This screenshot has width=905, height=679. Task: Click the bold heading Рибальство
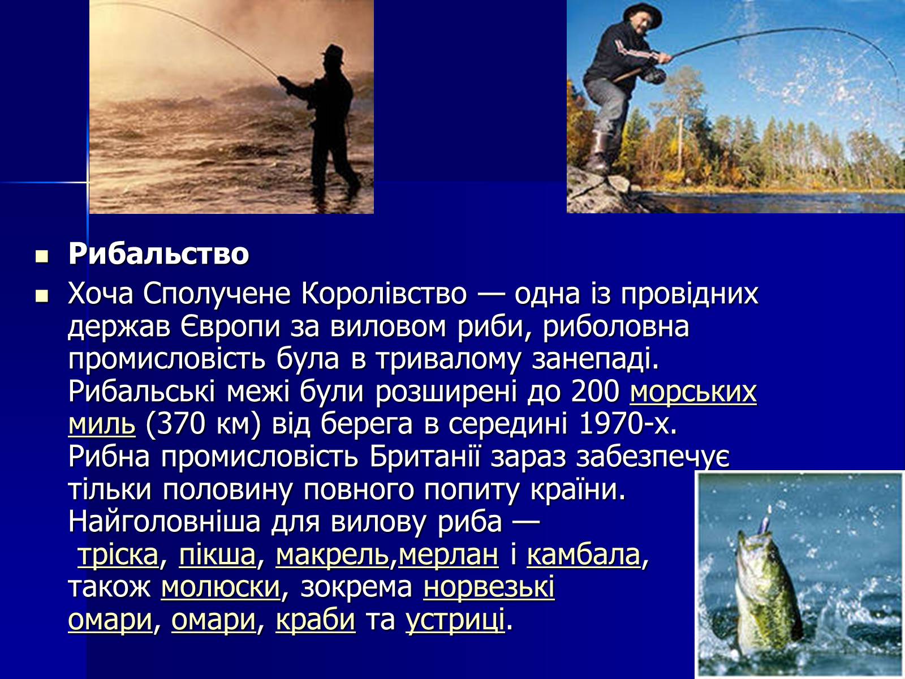click(159, 254)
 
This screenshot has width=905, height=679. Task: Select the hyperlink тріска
click(118, 555)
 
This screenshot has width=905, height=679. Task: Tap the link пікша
click(217, 555)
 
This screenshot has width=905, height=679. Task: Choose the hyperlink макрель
click(333, 555)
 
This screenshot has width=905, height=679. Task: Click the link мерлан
click(448, 555)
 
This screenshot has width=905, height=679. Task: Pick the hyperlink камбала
click(583, 555)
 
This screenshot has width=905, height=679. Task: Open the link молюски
click(221, 587)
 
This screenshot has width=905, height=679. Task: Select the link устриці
click(455, 621)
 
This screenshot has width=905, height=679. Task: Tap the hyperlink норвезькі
click(489, 587)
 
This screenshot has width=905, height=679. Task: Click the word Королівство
click(384, 294)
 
